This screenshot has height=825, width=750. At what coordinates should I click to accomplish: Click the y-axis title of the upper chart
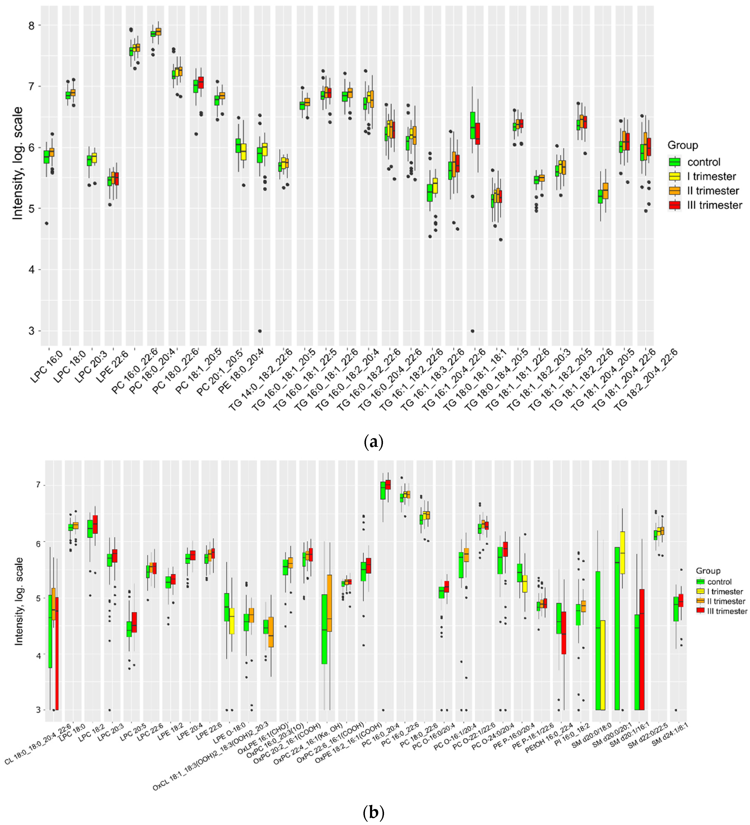[x=17, y=164]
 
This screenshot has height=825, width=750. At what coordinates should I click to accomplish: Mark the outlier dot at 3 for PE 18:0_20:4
[x=260, y=331]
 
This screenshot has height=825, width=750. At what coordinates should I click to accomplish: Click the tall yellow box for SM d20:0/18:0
[x=603, y=665]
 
